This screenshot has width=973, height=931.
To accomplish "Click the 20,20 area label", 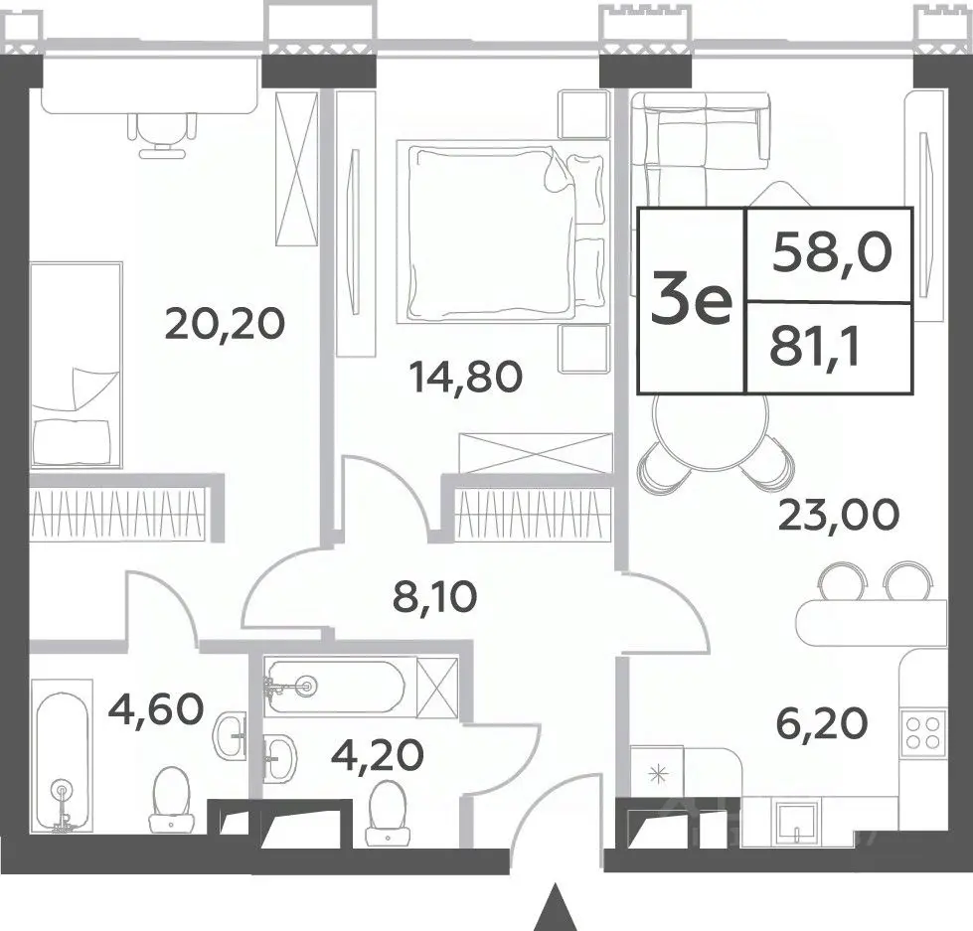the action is point(225,324).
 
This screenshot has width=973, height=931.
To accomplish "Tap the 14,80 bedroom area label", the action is point(465,378).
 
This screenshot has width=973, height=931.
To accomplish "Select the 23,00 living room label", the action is point(838,516).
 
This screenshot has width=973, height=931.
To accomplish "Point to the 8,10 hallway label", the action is point(435,597).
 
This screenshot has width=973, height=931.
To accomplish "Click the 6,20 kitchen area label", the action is point(822,724).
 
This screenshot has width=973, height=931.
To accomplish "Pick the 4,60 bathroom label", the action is point(156,709).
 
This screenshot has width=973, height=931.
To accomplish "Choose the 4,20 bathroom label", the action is point(378,755).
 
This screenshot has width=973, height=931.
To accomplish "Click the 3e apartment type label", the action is point(692,301).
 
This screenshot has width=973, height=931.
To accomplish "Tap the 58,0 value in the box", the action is point(832,253).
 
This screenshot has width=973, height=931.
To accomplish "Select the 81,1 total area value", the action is point(814,349).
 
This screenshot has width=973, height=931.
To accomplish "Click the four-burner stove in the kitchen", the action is point(922,732).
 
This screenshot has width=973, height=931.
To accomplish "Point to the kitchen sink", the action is point(795,821).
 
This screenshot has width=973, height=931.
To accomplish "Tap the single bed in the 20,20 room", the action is point(77,364).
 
